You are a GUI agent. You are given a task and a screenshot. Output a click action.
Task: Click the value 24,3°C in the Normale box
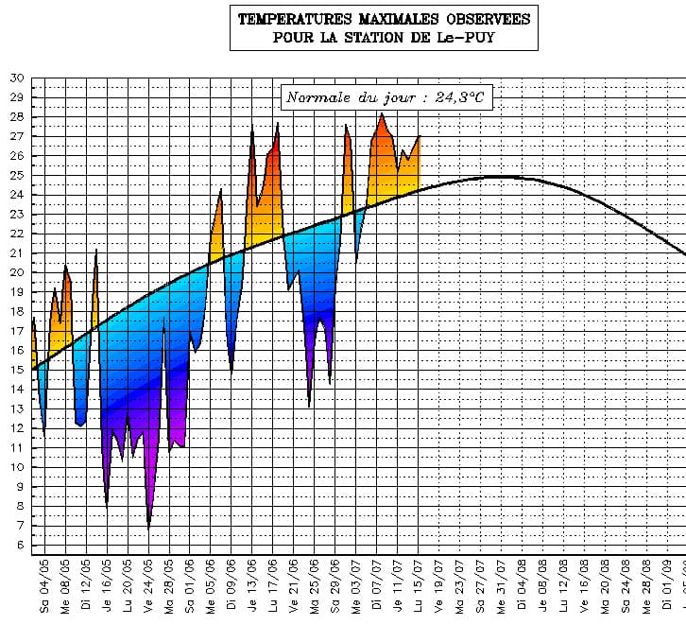coord(460,97)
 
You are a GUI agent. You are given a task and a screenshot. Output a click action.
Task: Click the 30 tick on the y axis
coord(16,78)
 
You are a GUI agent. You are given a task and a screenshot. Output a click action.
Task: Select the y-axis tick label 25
coord(16,176)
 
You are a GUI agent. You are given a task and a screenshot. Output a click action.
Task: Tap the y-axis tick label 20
coord(16,273)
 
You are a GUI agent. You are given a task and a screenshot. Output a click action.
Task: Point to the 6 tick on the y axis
coord(19,546)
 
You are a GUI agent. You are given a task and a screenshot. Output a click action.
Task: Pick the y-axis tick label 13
coord(16,409)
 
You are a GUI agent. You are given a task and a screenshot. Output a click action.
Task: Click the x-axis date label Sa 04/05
coord(44,586)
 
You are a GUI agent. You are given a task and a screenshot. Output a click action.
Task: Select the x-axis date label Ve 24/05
coord(148,586)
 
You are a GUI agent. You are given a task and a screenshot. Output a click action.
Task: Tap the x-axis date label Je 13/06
coord(252,586)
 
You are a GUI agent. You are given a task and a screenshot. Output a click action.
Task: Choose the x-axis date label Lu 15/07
coord(419,586)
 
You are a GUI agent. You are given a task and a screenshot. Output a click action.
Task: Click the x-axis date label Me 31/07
coord(502,586)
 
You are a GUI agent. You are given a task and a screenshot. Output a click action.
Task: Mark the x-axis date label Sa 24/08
coord(626,586)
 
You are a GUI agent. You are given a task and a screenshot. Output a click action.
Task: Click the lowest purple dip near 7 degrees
coord(148,525)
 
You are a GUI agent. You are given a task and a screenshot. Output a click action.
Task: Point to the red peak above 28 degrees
coord(382,114)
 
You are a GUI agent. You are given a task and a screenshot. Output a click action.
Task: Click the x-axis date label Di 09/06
coord(232,586)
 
